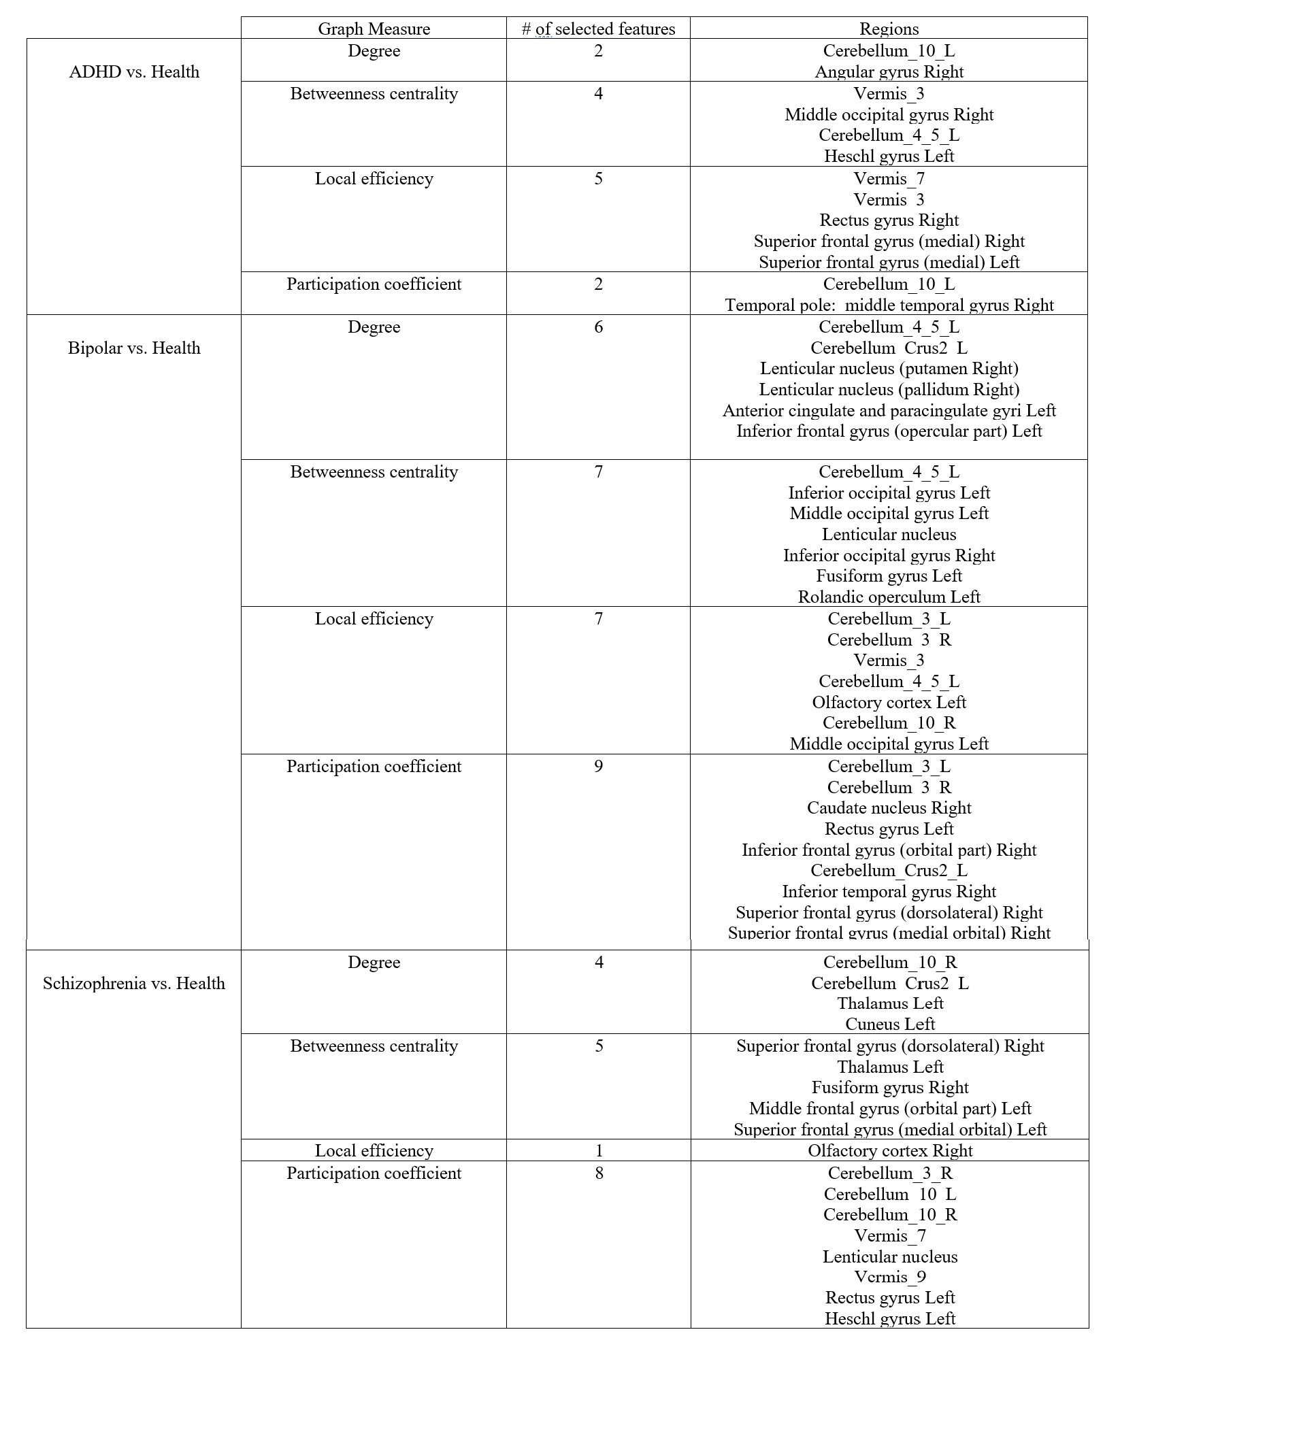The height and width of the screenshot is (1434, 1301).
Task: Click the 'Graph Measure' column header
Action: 374,29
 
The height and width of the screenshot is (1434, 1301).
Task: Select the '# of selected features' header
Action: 598,29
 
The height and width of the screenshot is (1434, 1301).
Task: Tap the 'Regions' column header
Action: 889,29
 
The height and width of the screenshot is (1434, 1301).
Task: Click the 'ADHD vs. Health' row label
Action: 134,72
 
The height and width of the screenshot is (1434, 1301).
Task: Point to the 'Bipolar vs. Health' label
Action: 134,348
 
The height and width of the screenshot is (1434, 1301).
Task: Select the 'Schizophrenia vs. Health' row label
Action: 134,983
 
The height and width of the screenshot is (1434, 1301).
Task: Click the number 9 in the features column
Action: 598,766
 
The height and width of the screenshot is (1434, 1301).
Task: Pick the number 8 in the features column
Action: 599,1173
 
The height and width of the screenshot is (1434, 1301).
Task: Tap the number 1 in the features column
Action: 599,1150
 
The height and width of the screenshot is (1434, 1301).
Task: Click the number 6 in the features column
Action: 598,327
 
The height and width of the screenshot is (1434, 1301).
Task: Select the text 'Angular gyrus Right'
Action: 889,72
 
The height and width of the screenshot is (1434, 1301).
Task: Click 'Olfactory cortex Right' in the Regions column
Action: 890,1150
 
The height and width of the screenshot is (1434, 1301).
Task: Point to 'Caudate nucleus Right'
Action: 889,808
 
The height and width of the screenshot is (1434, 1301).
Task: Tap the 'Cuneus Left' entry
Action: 890,1024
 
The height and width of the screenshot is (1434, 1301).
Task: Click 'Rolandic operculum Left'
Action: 889,597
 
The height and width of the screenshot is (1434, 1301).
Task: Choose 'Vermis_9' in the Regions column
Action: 890,1277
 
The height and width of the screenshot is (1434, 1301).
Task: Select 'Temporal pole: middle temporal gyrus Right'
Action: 889,305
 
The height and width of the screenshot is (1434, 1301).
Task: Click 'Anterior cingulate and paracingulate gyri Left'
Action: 889,410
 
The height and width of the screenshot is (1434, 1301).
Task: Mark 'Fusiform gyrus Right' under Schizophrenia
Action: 890,1087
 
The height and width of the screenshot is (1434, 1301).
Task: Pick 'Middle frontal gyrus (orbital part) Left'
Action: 890,1108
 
